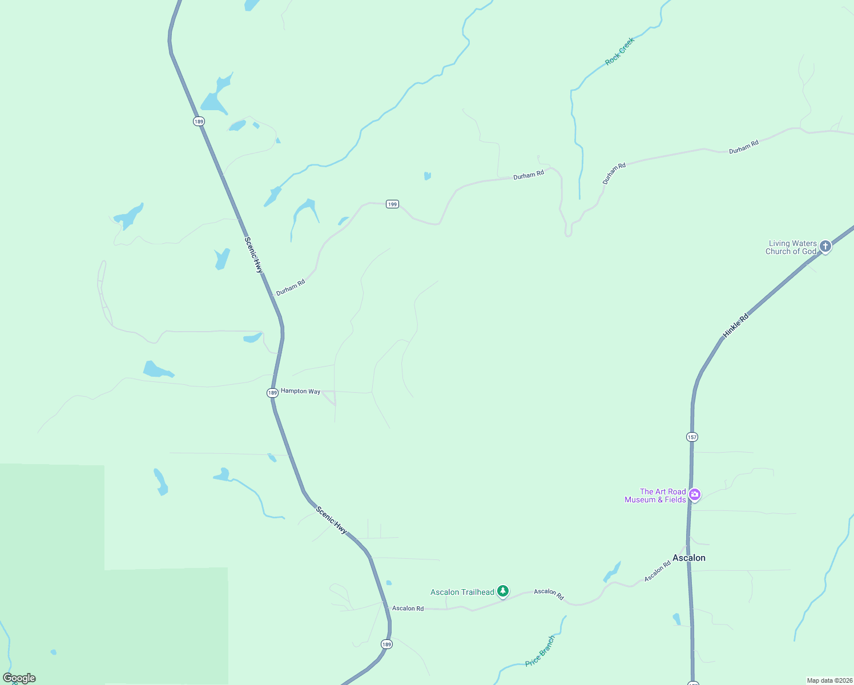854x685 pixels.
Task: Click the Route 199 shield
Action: tap(392, 204)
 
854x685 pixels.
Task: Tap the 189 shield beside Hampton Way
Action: tap(272, 393)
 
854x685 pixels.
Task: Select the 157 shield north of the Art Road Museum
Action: tap(692, 437)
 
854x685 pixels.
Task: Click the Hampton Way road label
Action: tap(300, 391)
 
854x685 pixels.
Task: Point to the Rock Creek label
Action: tap(620, 51)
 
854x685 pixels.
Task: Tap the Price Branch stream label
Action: tap(540, 651)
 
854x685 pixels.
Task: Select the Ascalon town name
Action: tap(689, 558)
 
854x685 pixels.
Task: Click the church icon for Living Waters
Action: tap(825, 247)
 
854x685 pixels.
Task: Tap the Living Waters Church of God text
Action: tap(791, 247)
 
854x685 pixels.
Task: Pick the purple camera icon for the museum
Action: tap(695, 494)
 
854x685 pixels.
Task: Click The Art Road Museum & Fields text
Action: tap(655, 495)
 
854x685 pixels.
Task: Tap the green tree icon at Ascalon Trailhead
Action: tap(503, 591)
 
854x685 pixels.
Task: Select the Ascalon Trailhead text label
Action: tap(462, 592)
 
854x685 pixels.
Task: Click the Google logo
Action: tap(19, 678)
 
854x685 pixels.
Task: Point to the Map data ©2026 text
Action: tap(829, 680)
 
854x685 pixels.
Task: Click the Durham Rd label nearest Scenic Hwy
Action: tap(291, 287)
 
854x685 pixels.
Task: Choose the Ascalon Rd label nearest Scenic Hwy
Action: tap(408, 609)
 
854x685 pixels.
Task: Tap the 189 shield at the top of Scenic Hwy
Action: tap(198, 121)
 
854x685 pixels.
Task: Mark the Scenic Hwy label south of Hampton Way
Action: tap(331, 521)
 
